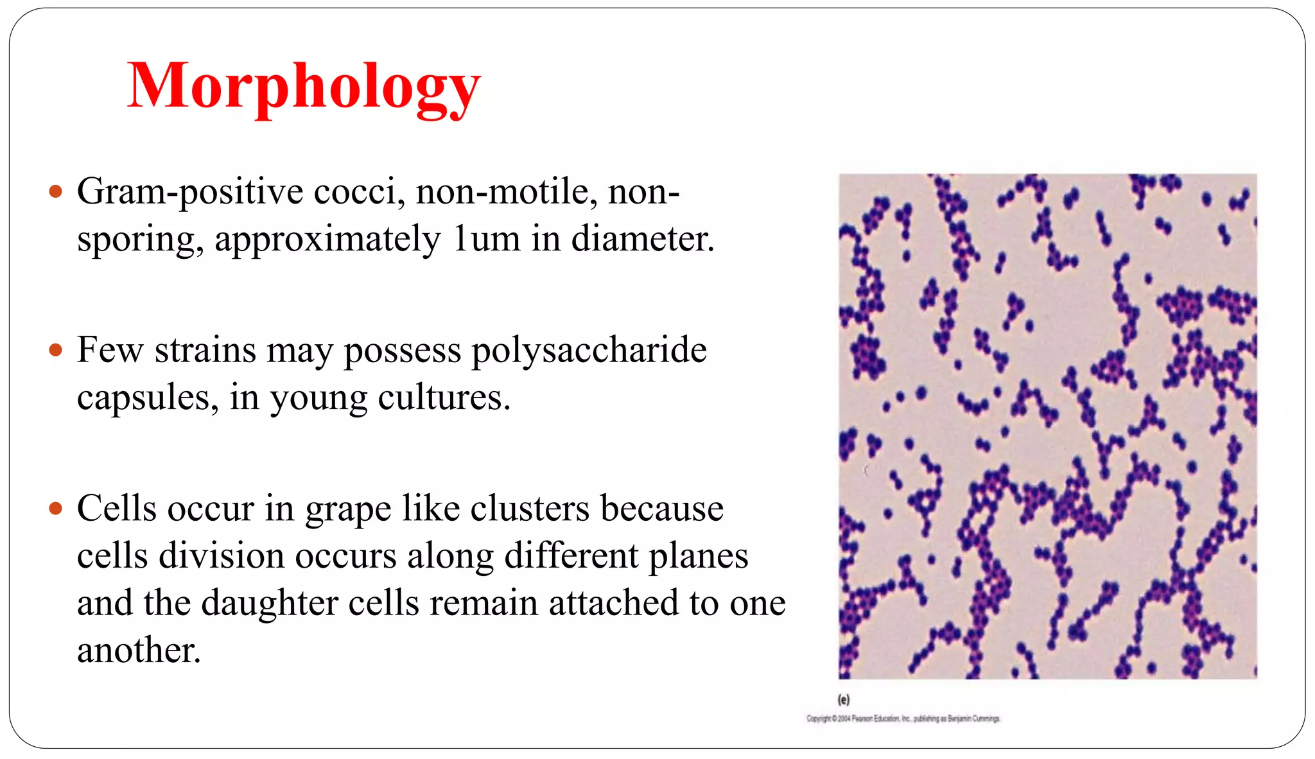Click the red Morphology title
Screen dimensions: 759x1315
click(x=304, y=87)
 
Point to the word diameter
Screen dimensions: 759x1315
click(x=641, y=239)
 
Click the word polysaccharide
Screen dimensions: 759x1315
click(x=589, y=351)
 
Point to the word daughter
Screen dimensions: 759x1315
click(x=269, y=604)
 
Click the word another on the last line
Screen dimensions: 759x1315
click(x=138, y=650)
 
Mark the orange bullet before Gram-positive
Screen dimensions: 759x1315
click(x=56, y=191)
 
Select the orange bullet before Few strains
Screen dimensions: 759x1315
click(x=56, y=350)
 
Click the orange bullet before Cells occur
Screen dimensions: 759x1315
click(x=56, y=509)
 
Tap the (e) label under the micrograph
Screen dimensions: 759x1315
click(x=843, y=699)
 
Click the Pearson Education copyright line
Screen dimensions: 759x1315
click(x=903, y=719)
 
